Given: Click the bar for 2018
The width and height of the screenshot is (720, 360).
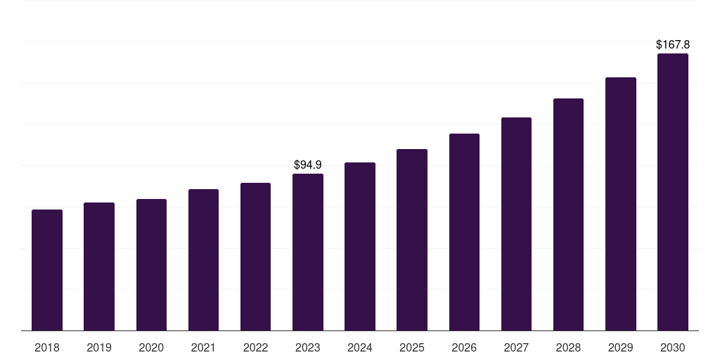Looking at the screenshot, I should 47,270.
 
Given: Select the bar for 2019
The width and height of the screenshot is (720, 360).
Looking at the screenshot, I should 99,266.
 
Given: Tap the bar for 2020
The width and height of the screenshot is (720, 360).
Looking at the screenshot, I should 151,265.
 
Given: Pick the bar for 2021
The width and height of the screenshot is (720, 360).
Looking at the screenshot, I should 203,260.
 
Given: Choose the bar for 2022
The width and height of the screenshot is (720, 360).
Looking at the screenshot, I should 255,257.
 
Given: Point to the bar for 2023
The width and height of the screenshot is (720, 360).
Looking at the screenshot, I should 308,252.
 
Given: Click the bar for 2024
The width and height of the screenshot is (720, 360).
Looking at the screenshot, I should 360,247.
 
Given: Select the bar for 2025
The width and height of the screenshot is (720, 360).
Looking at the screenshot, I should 412,240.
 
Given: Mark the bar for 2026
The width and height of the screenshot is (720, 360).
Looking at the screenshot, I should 464,232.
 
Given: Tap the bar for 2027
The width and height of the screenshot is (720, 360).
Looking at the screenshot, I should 516,224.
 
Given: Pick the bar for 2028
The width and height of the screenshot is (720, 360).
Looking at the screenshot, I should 568,214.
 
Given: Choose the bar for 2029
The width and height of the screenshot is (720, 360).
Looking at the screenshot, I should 621,204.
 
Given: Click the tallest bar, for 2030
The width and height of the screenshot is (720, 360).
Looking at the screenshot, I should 673,192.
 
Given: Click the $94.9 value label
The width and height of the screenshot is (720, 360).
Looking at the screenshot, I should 308,165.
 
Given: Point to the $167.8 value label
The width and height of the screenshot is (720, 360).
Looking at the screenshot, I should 673,45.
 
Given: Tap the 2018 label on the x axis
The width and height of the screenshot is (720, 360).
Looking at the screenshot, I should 47,347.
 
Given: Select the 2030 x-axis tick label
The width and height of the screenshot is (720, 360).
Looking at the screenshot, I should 673,347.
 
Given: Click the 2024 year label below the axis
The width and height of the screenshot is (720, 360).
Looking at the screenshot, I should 360,347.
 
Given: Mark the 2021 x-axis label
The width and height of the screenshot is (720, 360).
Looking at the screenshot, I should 203,347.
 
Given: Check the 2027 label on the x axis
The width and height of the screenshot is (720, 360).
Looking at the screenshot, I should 516,347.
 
